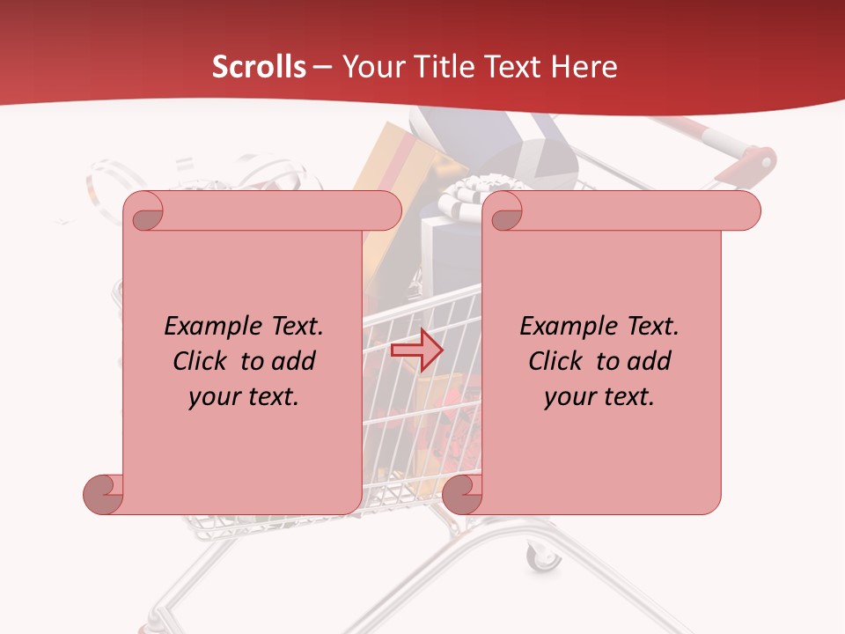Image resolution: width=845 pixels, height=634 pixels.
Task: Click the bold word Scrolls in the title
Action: click(x=260, y=67)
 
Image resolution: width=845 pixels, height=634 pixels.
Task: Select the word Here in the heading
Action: click(x=584, y=67)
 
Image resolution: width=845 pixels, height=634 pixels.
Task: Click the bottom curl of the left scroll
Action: click(x=103, y=494)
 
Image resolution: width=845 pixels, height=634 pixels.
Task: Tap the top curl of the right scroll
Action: click(x=505, y=211)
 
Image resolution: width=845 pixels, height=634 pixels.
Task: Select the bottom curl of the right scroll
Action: click(x=462, y=494)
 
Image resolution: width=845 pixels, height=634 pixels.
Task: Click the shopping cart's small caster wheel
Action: click(x=542, y=557)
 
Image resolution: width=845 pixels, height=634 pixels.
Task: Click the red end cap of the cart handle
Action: click(x=759, y=161)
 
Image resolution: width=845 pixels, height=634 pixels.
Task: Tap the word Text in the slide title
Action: click(x=517, y=67)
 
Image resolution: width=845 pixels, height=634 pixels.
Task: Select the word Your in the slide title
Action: click(x=369, y=67)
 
